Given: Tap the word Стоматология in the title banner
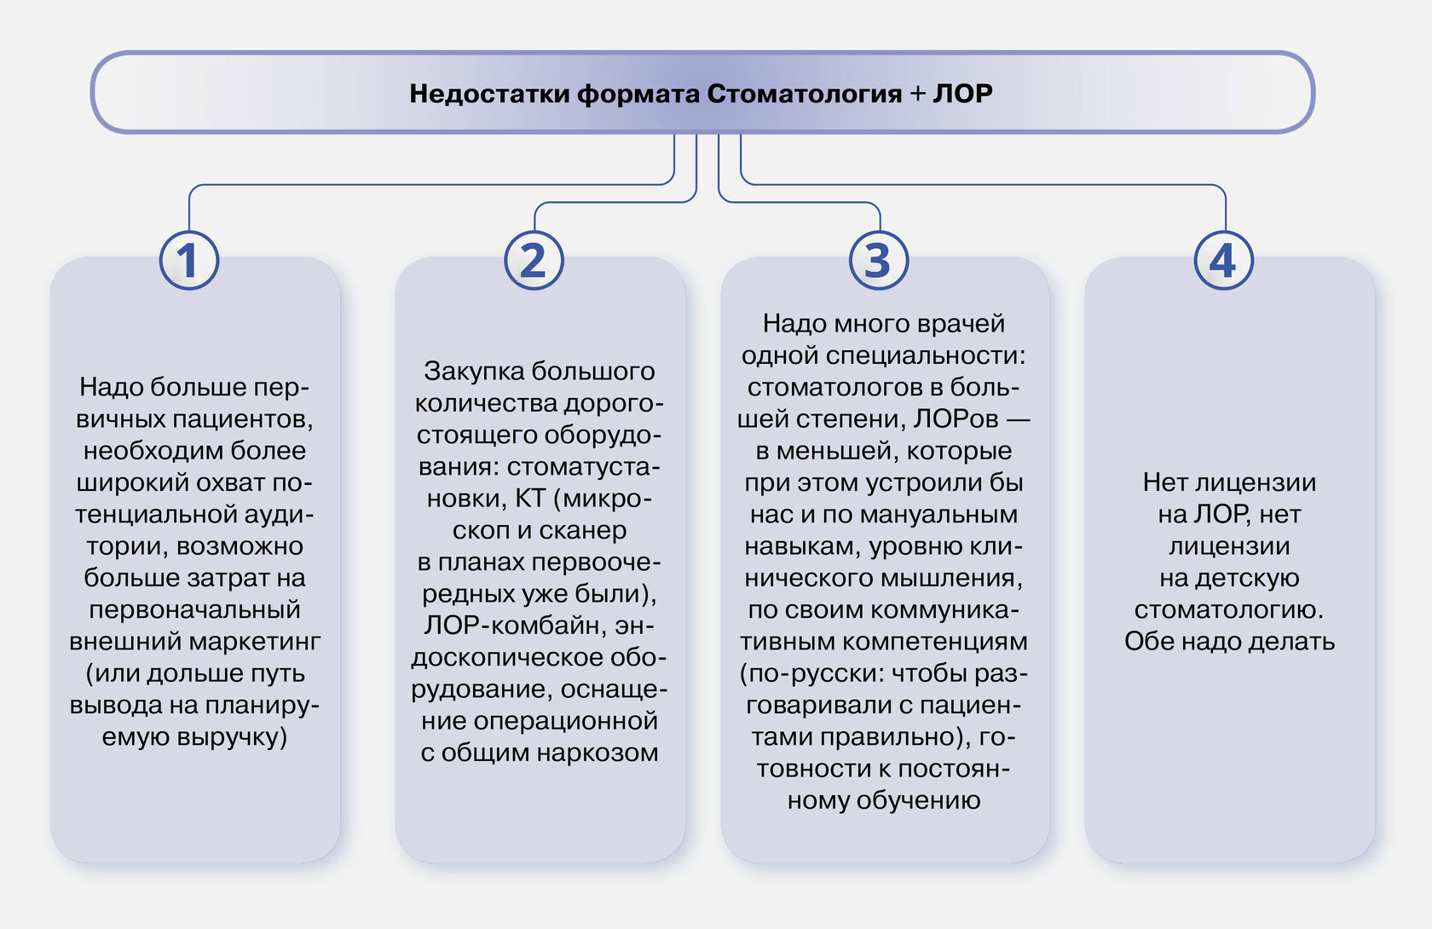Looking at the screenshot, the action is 805,94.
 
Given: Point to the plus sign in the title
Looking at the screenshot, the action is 917,94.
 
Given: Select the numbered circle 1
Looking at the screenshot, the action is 189,260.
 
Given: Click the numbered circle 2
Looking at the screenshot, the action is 534,260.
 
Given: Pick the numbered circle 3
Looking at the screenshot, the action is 879,260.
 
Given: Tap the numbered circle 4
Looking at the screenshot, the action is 1224,260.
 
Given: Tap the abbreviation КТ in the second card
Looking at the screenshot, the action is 530,498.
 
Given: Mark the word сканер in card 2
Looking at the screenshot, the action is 582,530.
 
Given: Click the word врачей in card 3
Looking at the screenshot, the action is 961,324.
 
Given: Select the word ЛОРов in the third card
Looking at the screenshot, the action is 956,418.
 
